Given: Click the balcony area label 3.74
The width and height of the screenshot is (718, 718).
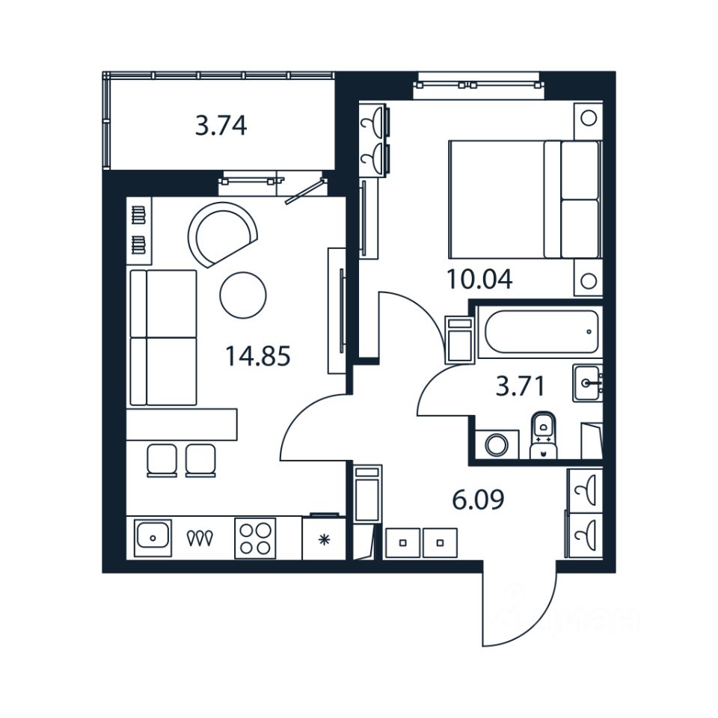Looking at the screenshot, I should [221, 126].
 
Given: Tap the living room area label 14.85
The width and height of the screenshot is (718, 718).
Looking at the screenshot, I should [257, 356].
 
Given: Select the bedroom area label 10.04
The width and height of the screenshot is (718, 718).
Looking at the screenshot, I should [479, 279].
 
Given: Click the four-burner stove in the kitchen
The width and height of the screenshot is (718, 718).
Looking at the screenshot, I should [255, 538].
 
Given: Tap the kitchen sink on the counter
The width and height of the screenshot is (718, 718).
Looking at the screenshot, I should [153, 537].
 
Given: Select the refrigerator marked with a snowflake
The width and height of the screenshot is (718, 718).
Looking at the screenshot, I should [323, 538].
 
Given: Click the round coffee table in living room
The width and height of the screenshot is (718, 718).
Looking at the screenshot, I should [242, 292].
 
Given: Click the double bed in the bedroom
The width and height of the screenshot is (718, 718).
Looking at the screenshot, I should [524, 199].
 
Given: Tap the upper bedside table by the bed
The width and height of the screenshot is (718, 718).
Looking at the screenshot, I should [588, 118].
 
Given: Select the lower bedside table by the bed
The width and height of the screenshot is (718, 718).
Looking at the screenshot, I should [588, 280].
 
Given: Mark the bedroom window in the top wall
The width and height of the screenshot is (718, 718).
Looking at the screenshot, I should [476, 85].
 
